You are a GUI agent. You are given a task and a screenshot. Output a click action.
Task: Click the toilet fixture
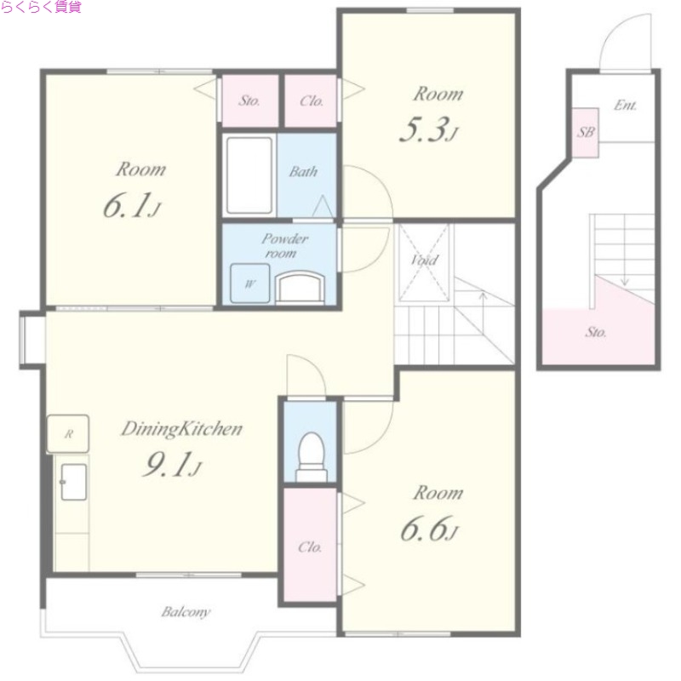(x=312, y=456)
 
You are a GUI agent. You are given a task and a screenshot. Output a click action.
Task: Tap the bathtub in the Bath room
(x=249, y=175)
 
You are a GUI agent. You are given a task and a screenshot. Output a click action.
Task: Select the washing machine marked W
(x=249, y=283)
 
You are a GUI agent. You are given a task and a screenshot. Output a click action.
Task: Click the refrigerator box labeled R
(x=68, y=433)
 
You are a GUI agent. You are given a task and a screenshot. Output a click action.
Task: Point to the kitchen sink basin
(x=73, y=482)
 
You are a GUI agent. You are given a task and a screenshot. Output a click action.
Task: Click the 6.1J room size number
(x=132, y=205)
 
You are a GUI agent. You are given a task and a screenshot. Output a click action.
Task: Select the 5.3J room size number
(x=429, y=130)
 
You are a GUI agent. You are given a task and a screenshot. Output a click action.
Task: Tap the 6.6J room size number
(x=429, y=529)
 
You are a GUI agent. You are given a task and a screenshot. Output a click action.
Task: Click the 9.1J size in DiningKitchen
(x=173, y=464)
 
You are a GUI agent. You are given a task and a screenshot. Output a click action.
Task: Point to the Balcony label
(x=186, y=612)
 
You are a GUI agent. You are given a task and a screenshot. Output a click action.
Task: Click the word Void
(x=424, y=260)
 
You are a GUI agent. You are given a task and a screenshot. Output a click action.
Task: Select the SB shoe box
(x=585, y=132)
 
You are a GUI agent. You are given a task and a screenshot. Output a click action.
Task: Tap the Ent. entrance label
(x=626, y=105)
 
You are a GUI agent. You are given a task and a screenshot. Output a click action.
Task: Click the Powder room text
(x=284, y=245)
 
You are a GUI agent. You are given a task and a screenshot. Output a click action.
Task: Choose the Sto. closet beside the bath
(x=249, y=100)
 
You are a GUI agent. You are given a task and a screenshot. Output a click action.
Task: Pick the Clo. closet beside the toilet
(x=310, y=545)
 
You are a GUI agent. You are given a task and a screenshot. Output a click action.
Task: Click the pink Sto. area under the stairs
(x=598, y=332)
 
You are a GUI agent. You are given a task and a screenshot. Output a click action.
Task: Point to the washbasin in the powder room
(x=300, y=286)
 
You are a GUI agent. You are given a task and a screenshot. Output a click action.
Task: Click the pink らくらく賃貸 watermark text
(x=41, y=7)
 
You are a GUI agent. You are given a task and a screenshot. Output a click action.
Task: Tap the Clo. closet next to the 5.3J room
(x=311, y=100)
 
